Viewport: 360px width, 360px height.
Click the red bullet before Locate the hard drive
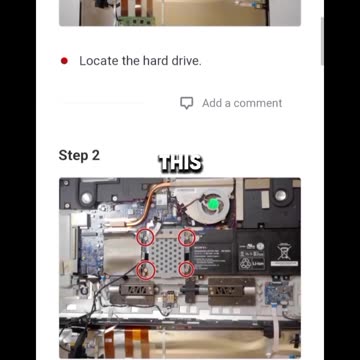point(64,61)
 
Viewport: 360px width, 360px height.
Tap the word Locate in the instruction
point(99,61)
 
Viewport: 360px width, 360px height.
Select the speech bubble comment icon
point(187,103)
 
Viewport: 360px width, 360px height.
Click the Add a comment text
point(242,103)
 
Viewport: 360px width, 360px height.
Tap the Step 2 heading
point(79,155)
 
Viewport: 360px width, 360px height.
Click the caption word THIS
point(181,164)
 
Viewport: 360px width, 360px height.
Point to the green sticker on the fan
point(212,204)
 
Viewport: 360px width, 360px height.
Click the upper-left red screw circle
point(145,230)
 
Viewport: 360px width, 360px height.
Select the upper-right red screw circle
point(187,230)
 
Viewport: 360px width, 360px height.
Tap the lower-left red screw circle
point(146,261)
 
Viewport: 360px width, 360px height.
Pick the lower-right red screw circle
point(186,262)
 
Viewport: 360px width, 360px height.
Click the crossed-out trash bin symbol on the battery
point(284,251)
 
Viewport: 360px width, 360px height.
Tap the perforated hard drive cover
point(166,254)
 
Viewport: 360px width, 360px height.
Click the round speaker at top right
point(280,195)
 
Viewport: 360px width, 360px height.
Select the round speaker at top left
point(87,198)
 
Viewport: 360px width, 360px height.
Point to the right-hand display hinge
point(231,291)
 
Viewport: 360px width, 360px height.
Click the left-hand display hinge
point(133,291)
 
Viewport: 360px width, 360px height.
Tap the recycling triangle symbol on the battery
point(246,264)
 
